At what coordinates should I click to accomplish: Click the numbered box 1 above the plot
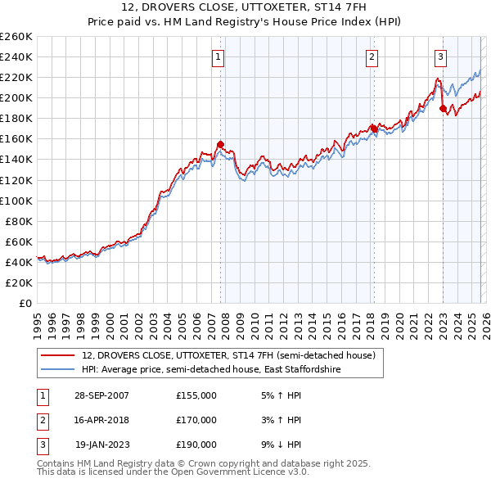(x=219, y=56)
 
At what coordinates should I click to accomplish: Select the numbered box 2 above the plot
(x=372, y=56)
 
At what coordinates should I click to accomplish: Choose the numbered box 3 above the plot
(x=440, y=56)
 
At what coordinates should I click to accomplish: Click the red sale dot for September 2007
(x=220, y=144)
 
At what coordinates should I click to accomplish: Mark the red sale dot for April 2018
(x=373, y=129)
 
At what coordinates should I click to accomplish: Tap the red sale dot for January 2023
(x=443, y=108)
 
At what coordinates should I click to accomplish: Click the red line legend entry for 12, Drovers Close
(x=228, y=355)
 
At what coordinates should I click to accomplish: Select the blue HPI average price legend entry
(x=210, y=370)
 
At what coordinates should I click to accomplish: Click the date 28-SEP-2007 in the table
(x=101, y=395)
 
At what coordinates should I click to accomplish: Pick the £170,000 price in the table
(x=196, y=420)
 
